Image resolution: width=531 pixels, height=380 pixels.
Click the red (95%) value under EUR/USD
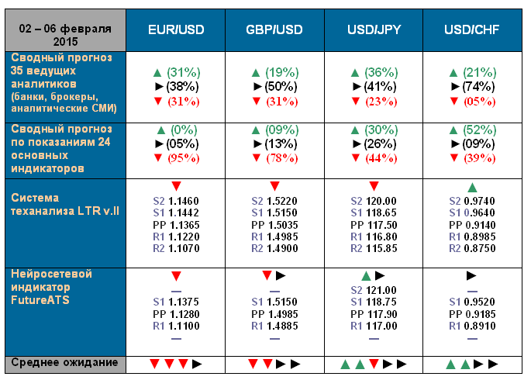182,158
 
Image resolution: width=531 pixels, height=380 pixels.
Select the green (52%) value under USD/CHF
478,130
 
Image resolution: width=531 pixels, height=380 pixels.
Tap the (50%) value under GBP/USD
281,86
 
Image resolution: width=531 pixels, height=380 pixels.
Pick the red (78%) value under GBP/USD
281,158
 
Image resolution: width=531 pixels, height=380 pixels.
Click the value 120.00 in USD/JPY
382,200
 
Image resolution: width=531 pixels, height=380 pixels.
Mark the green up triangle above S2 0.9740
472,187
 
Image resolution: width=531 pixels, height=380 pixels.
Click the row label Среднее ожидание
62,362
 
